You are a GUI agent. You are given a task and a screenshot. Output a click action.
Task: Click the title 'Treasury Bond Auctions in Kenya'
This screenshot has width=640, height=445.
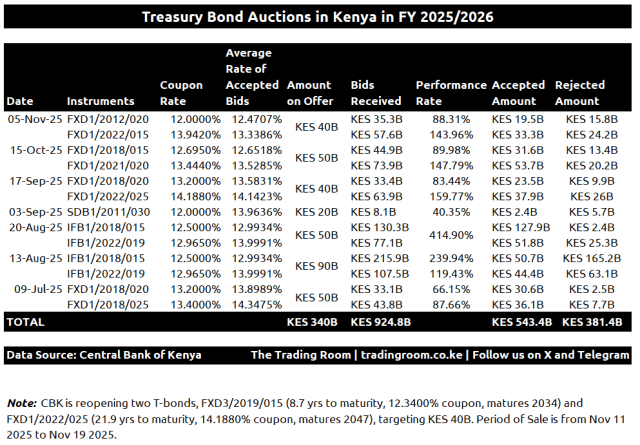(x=317, y=17)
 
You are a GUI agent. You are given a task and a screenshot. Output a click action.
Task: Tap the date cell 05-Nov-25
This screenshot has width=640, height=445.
(x=31, y=119)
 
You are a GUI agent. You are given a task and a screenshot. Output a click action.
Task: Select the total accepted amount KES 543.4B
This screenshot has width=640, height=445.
(x=522, y=323)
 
